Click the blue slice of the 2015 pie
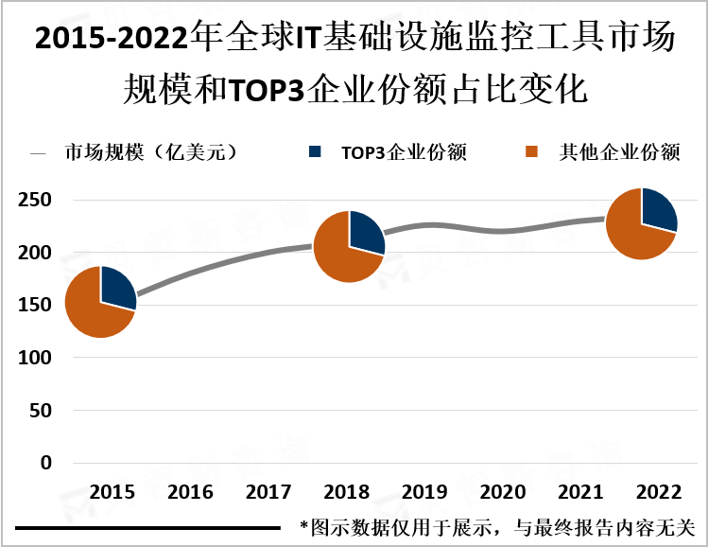coord(115,286)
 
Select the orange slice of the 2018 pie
coord(338,256)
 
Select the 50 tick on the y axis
coord(42,412)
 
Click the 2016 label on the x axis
coord(190,493)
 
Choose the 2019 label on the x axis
coord(424,493)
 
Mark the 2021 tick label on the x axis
coord(580,493)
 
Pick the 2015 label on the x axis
coord(112,493)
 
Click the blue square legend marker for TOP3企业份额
coord(316,151)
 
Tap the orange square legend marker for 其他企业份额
coord(532,151)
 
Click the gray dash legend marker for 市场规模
coord(39,152)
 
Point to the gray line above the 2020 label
coord(503,230)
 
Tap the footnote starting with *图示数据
coord(496,526)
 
